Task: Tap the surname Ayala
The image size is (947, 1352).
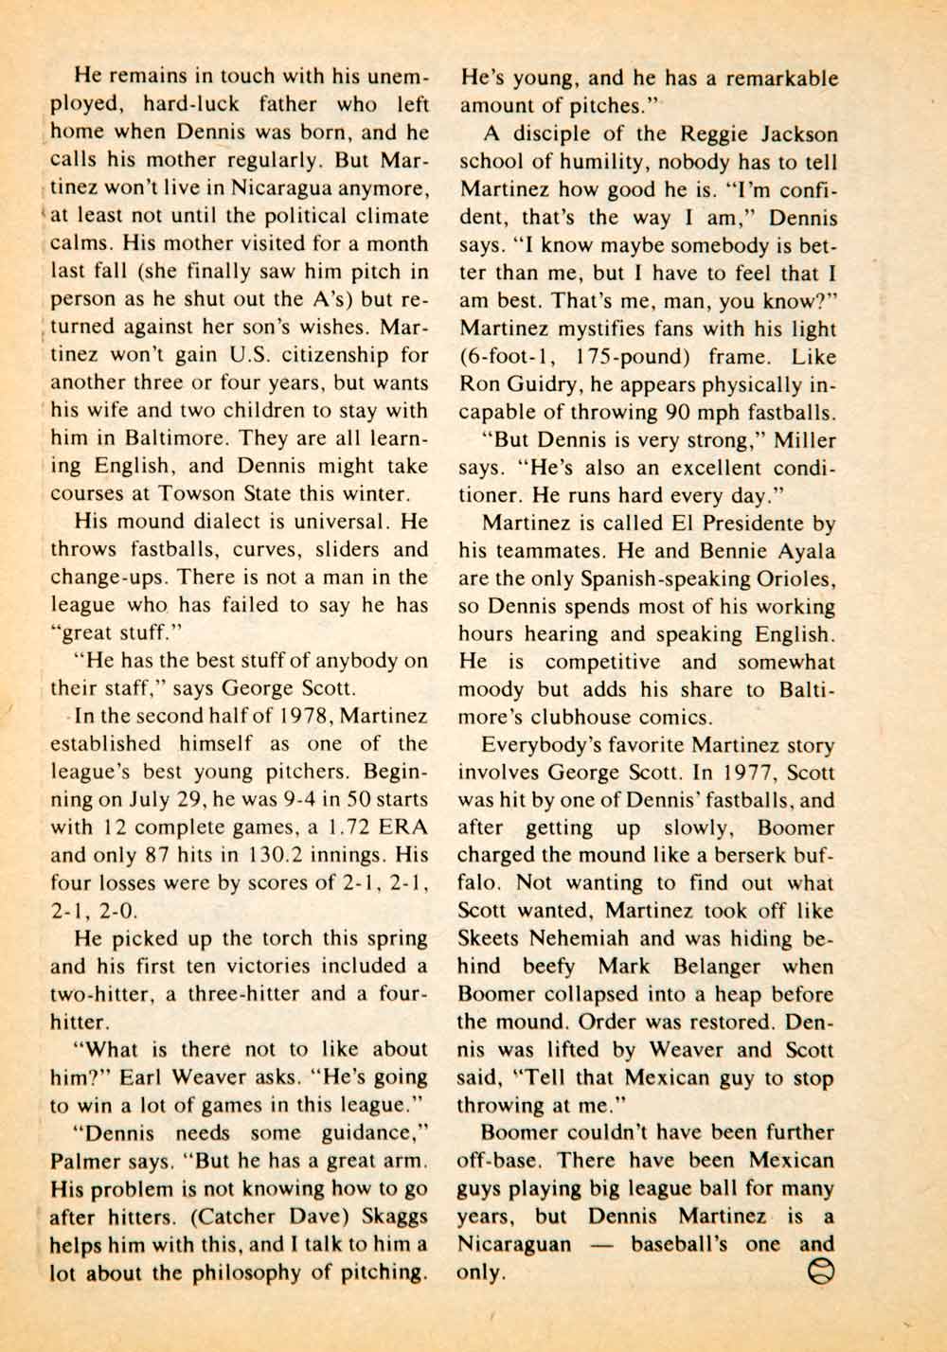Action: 801,551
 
